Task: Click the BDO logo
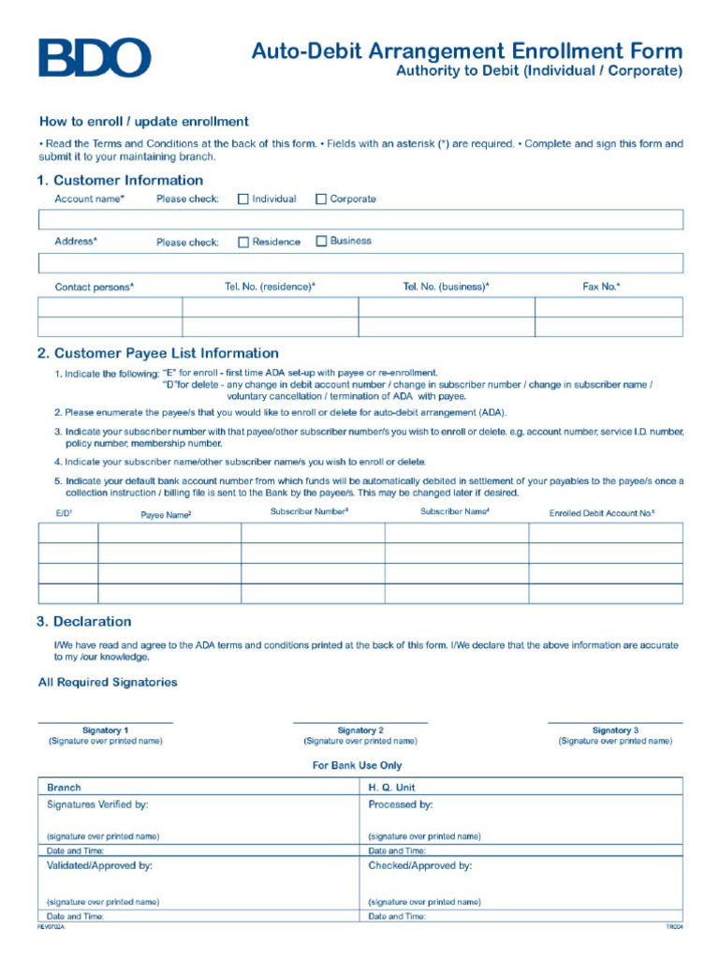(94, 58)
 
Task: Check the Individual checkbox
(243, 199)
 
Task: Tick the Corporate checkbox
(321, 199)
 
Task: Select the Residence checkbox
(243, 242)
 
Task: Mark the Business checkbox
(321, 241)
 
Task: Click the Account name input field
(360, 219)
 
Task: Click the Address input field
(360, 262)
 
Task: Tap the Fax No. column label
(601, 287)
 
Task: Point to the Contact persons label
(94, 288)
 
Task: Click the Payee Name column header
(166, 514)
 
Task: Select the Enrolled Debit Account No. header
(602, 513)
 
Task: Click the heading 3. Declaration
(84, 622)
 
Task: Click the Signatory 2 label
(360, 730)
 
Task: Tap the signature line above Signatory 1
(105, 723)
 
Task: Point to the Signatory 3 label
(615, 730)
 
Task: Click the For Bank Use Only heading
(357, 766)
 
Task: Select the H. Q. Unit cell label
(391, 788)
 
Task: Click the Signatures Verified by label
(97, 804)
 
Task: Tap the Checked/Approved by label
(419, 866)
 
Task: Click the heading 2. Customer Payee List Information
(157, 354)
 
